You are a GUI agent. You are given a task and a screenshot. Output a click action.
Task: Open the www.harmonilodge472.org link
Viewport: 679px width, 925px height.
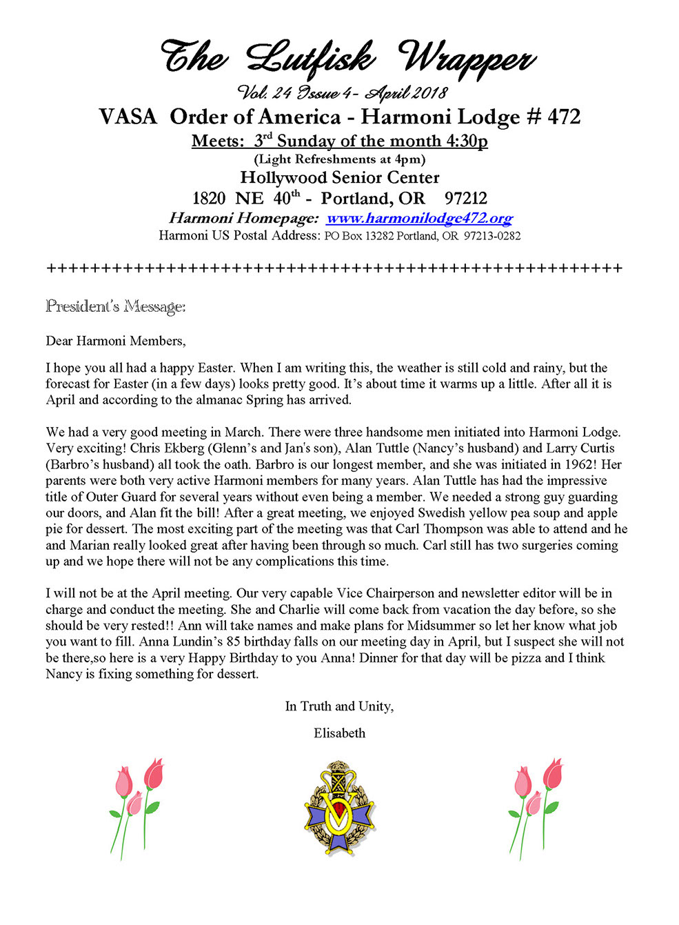pos(419,219)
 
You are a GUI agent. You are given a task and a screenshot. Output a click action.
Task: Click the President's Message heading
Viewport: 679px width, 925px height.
pos(116,306)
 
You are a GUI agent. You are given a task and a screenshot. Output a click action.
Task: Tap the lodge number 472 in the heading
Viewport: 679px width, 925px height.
pos(564,117)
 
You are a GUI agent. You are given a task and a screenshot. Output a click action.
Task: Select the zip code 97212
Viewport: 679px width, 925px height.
pos(465,199)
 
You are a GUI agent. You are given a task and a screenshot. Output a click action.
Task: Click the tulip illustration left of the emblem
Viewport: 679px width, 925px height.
pos(136,807)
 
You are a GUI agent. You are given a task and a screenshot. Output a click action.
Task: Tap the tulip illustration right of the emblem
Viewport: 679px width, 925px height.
pos(536,807)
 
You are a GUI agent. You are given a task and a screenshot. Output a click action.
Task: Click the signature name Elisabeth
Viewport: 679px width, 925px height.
pos(339,733)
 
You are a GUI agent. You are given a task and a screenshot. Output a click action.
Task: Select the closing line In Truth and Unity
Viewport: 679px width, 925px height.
pos(339,706)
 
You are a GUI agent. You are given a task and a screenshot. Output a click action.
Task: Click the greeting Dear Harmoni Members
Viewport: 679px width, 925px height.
pos(116,341)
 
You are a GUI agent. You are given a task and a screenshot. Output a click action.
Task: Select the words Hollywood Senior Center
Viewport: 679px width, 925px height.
pos(339,178)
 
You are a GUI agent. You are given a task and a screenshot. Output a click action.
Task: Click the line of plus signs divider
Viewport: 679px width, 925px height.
pos(334,268)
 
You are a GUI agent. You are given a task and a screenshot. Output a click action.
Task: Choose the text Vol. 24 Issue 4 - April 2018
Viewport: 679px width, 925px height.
pos(343,92)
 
